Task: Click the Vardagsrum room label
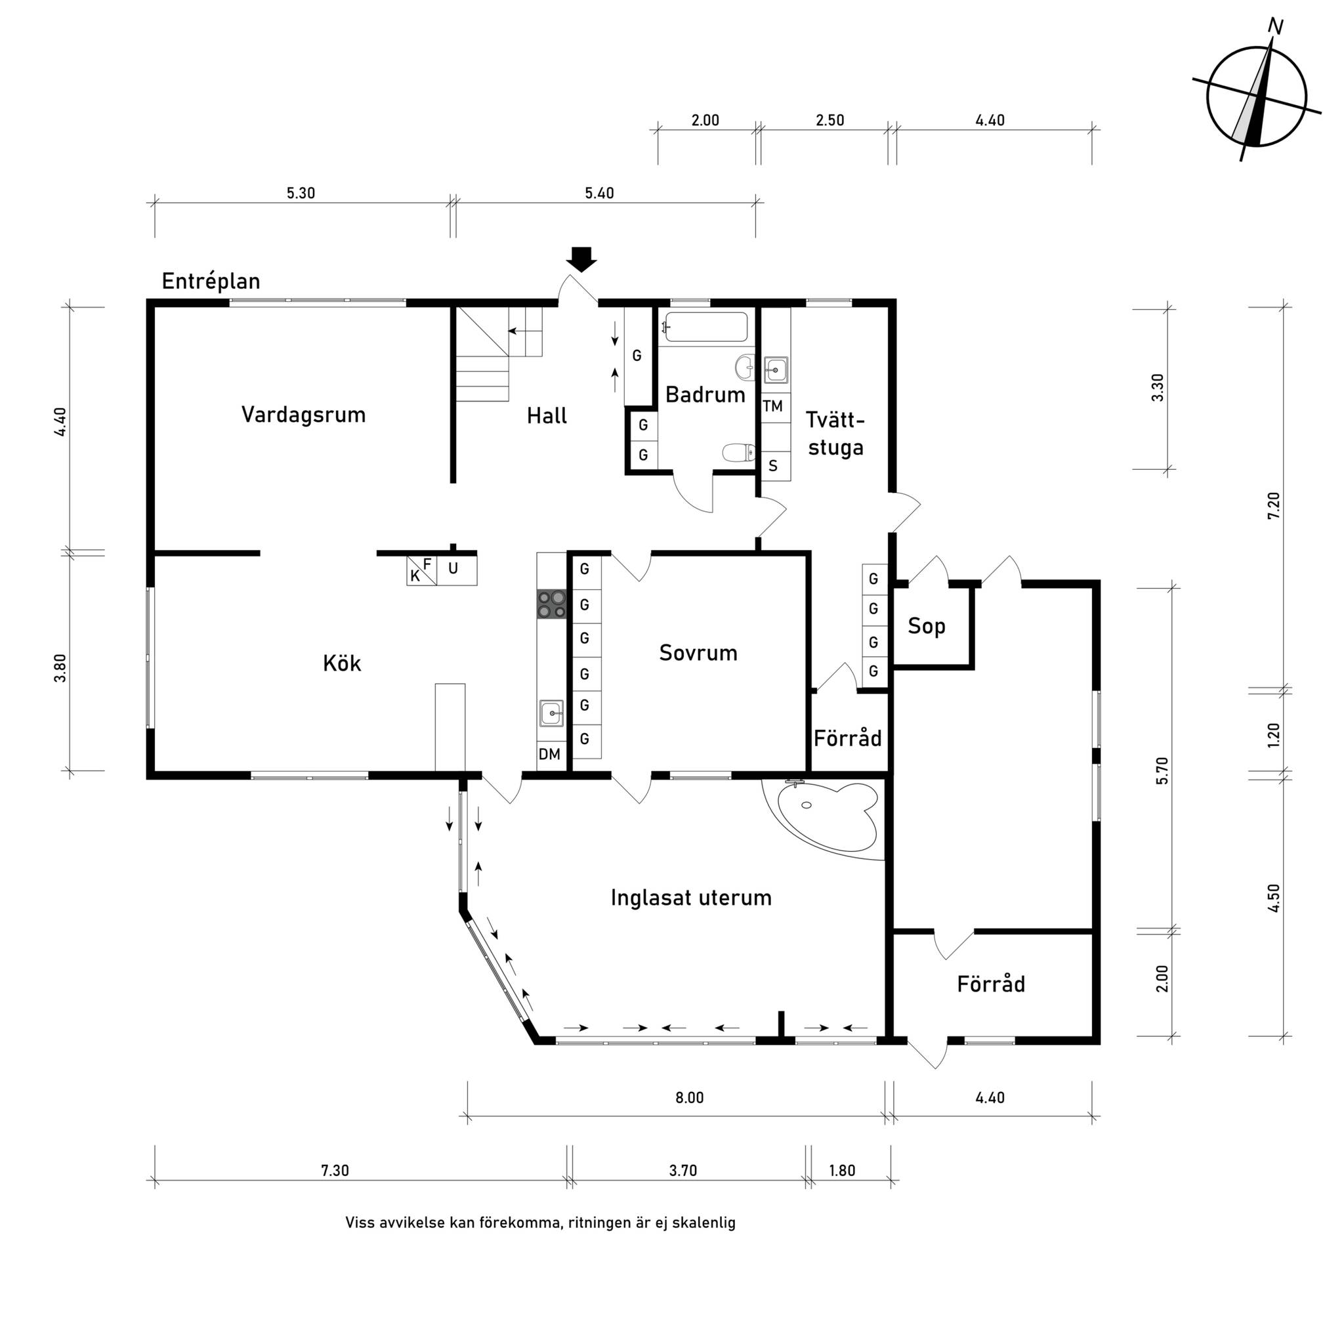click(303, 415)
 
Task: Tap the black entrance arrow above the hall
click(581, 259)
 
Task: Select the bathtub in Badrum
click(706, 327)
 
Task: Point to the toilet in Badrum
click(739, 453)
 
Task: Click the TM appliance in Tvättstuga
click(773, 406)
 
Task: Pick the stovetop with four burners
click(552, 604)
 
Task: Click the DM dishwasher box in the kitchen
click(549, 754)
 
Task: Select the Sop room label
click(926, 626)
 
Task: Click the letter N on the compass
click(1275, 26)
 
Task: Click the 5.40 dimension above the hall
click(599, 194)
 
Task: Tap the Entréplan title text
click(211, 281)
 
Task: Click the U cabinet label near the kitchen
click(453, 568)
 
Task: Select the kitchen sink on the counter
click(552, 712)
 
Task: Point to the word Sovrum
click(698, 653)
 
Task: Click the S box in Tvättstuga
click(773, 466)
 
